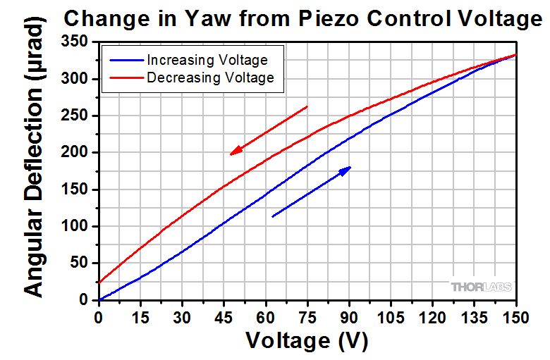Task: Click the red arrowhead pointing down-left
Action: [236, 151]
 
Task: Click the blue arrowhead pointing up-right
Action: [345, 170]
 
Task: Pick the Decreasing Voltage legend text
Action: [210, 77]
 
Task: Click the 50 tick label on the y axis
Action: [82, 263]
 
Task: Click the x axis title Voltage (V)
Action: [307, 341]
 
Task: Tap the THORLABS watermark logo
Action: [482, 286]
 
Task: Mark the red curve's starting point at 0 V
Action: [99, 283]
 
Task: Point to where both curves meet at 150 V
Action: [516, 54]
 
